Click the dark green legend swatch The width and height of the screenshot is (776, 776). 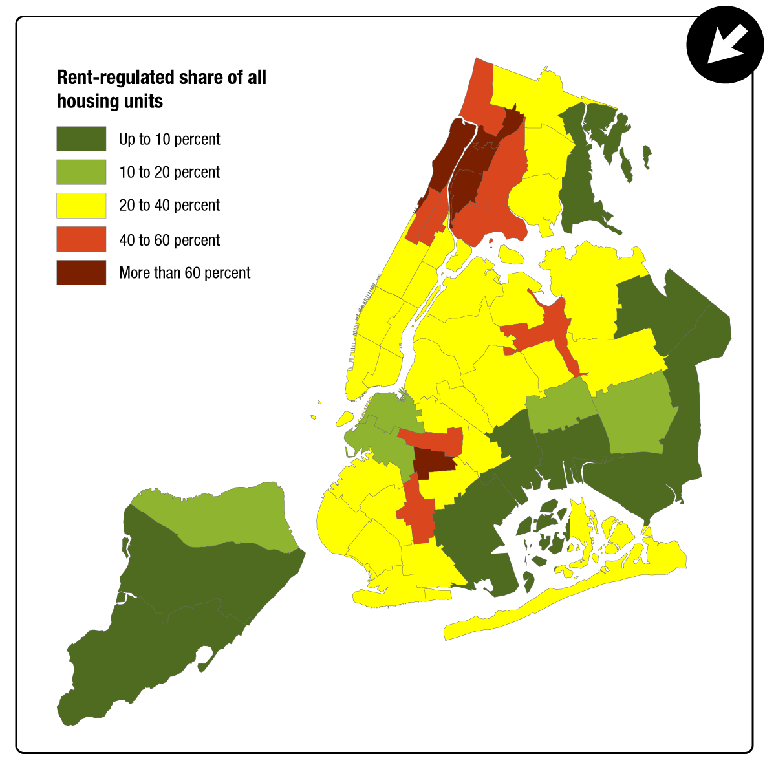pyautogui.click(x=81, y=139)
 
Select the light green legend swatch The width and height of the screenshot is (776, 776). pyautogui.click(x=81, y=172)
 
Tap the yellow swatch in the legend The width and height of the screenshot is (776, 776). pyautogui.click(x=81, y=206)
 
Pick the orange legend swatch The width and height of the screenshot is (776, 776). pyautogui.click(x=81, y=239)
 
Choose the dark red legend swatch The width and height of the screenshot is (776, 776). pyautogui.click(x=81, y=273)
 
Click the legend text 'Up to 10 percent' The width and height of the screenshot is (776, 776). pyautogui.click(x=169, y=139)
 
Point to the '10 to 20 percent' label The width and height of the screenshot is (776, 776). pyautogui.click(x=169, y=172)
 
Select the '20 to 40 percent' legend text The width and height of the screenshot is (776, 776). pyautogui.click(x=169, y=206)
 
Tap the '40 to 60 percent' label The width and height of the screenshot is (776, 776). pyautogui.click(x=169, y=240)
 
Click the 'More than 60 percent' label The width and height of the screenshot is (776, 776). pyautogui.click(x=184, y=273)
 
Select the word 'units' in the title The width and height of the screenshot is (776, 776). pyautogui.click(x=144, y=102)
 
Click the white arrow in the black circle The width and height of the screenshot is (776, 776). pyautogui.click(x=725, y=45)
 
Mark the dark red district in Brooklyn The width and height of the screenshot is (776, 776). pyautogui.click(x=433, y=462)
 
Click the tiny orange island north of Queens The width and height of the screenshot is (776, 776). pyautogui.click(x=491, y=242)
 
